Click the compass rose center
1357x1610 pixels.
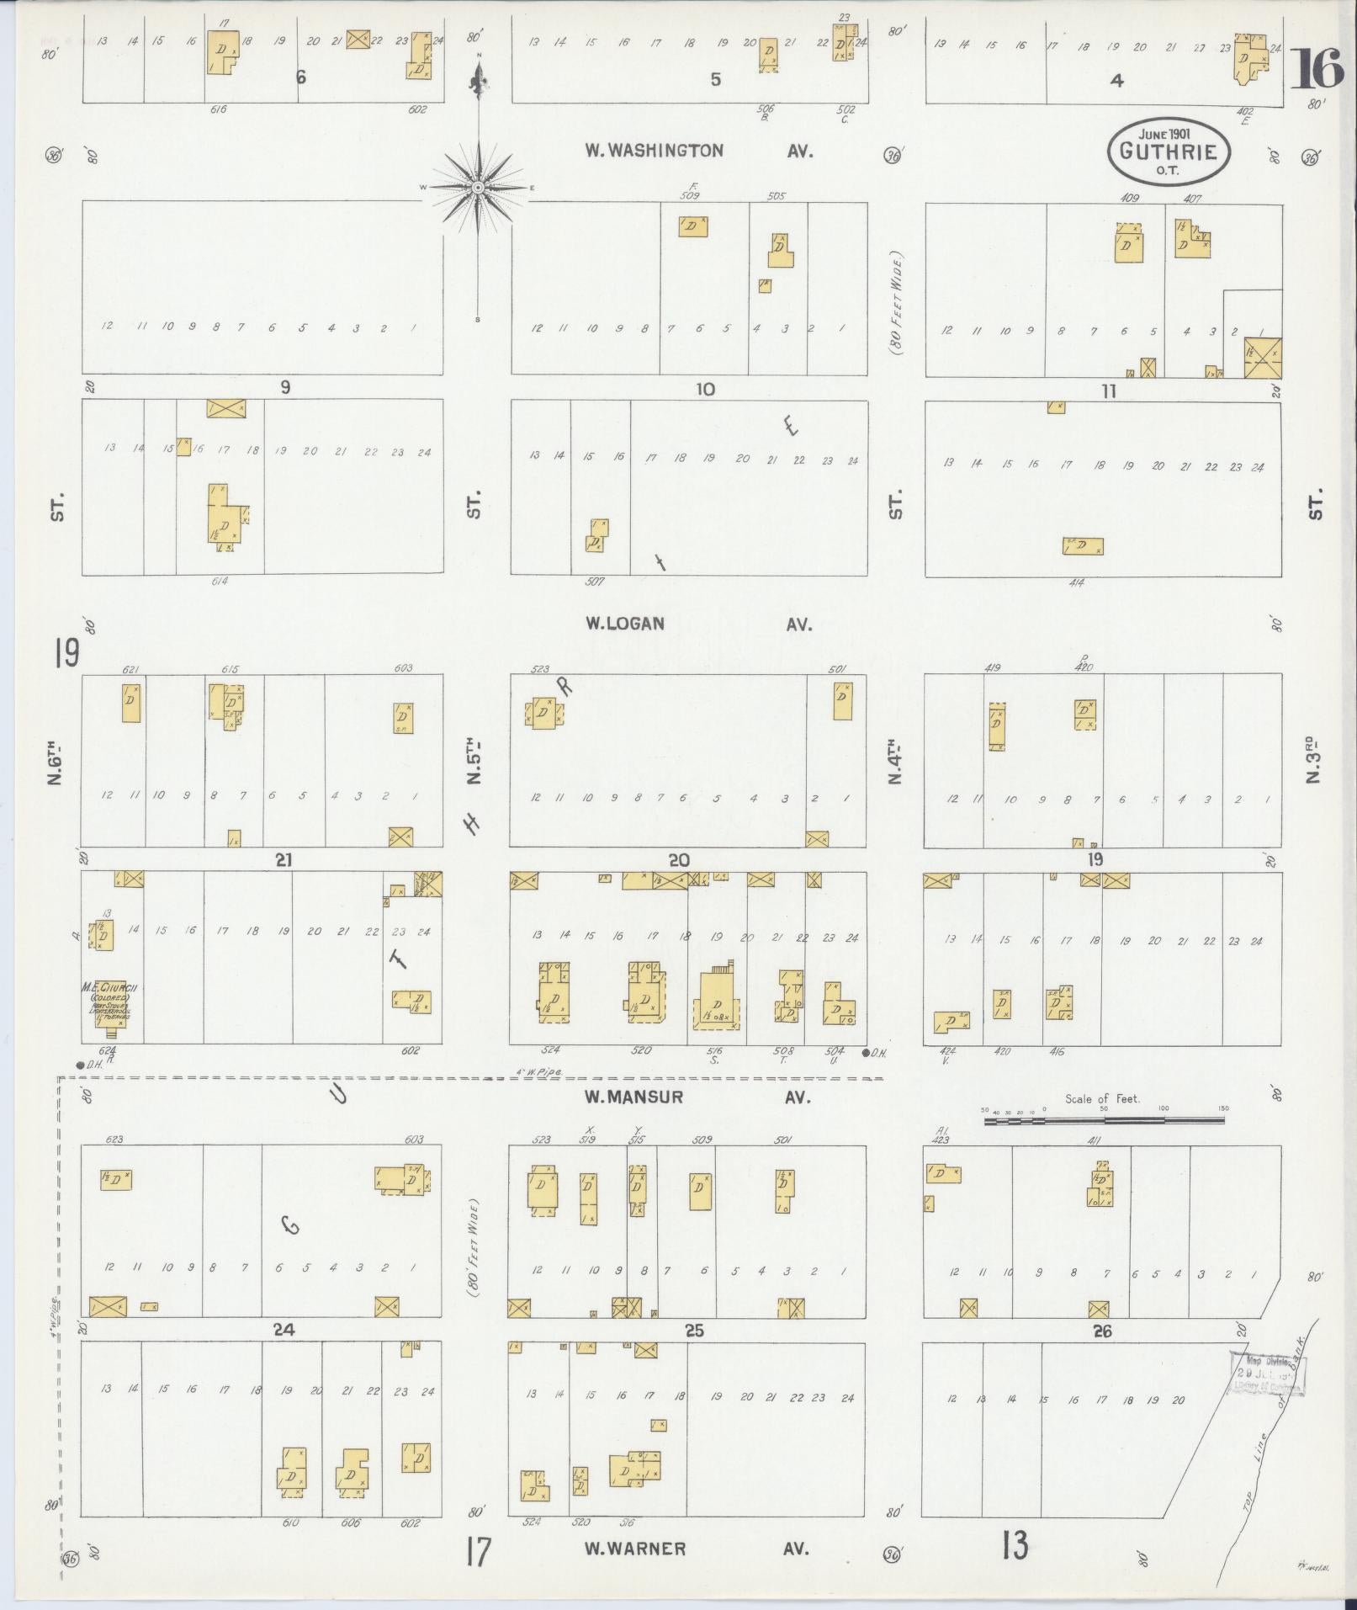[x=478, y=187]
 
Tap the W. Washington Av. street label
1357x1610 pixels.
[x=698, y=151]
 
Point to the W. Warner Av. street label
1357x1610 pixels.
[x=698, y=1549]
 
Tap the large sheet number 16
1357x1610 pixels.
[x=1317, y=69]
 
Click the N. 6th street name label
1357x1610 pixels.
[x=56, y=762]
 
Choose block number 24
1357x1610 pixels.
[x=284, y=1330]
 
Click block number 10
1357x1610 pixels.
[x=704, y=390]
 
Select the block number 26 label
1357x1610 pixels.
[x=1102, y=1331]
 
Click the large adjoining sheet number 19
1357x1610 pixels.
[x=66, y=652]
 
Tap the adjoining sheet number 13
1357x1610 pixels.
[x=1015, y=1545]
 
